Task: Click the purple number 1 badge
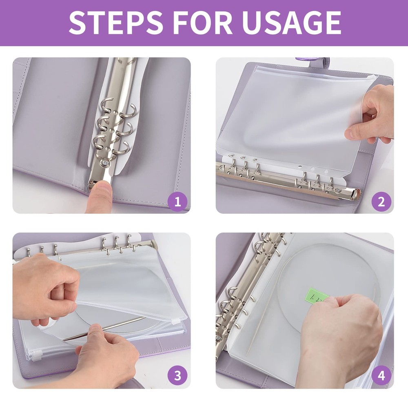pos(177,202)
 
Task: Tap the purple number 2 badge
pos(381,202)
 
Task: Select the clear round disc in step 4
pos(326,269)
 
